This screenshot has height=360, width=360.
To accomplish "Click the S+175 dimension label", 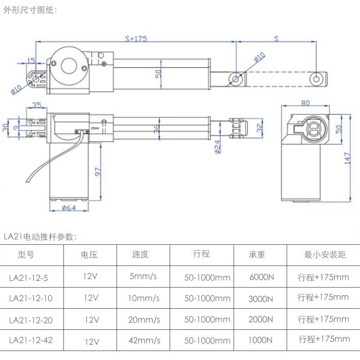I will pos(135,39).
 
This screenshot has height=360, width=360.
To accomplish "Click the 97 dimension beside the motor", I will pos(98,171).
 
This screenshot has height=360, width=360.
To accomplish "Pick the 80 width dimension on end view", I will pos(305,103).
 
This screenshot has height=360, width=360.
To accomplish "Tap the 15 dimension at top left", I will pos(31,61).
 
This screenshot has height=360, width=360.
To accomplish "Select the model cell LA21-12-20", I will pos(31,319).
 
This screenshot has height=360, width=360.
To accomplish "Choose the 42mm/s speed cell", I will pos(144,340).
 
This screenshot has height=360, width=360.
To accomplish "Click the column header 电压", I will pos(89,255).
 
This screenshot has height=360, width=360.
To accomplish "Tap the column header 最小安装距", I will pos(325,255).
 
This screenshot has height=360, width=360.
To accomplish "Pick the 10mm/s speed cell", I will pos(144,298).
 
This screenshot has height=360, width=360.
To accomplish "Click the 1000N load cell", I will pos(261,341).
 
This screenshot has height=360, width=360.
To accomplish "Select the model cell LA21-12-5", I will pos(28,278).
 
